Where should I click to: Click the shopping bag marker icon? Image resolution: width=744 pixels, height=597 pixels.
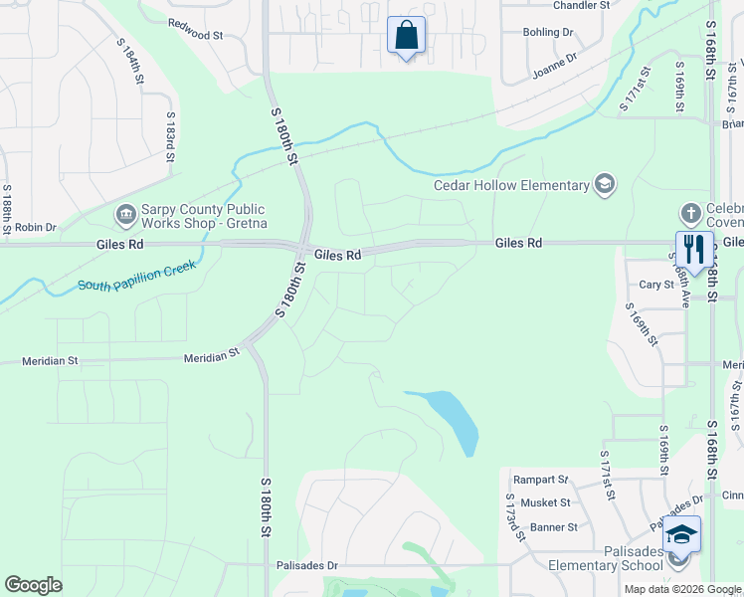point(406,36)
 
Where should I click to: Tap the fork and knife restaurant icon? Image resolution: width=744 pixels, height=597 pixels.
point(693,249)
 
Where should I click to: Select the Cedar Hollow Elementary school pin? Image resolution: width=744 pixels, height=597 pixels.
point(604,184)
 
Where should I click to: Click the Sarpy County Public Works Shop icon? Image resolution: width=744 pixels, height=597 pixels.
point(125,214)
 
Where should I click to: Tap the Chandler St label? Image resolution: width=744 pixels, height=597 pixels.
point(581,5)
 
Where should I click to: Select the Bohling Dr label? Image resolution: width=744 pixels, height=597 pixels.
point(549,32)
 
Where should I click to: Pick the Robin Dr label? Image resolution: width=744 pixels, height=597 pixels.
point(36,228)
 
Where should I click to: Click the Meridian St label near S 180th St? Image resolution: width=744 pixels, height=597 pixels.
point(211,353)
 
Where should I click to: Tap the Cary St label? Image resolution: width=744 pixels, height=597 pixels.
point(656,285)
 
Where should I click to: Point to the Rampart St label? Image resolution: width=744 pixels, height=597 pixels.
point(540,479)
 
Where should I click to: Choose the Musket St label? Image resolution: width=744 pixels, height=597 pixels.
point(551,503)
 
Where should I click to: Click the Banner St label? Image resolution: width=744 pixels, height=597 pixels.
point(554,527)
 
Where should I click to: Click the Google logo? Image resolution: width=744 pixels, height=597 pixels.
point(33,585)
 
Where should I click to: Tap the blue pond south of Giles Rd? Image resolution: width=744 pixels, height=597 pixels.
point(454,418)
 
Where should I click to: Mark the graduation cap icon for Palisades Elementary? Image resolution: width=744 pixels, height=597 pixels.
point(680,535)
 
